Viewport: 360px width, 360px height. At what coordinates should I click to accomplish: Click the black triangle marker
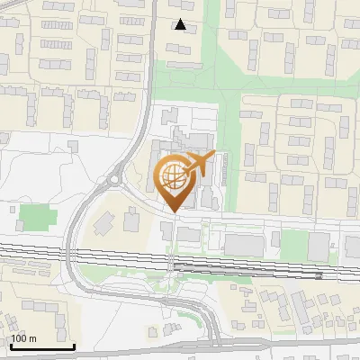click(182, 25)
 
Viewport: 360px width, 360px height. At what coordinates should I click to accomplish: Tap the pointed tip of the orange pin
click(174, 211)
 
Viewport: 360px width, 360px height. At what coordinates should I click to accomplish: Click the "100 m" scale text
click(22, 338)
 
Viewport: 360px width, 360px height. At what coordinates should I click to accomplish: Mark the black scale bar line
click(41, 346)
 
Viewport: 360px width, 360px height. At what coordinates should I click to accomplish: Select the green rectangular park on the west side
click(37, 218)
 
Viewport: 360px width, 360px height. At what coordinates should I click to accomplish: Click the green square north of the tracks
click(292, 241)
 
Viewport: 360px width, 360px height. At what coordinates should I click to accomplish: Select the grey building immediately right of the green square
click(318, 245)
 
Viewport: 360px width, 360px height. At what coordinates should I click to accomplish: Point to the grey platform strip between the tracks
click(243, 267)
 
